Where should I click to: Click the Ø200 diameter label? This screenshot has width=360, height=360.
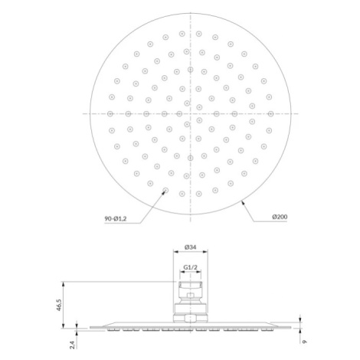(x=280, y=217)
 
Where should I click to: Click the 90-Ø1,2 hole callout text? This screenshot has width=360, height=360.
(x=116, y=219)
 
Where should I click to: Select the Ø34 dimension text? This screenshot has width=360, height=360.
(x=190, y=247)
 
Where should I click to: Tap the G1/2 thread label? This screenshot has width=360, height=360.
(x=190, y=267)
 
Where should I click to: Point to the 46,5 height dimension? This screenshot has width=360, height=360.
(x=59, y=305)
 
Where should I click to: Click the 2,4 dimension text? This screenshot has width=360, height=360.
(x=73, y=345)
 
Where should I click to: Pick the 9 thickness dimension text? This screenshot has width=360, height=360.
(x=304, y=342)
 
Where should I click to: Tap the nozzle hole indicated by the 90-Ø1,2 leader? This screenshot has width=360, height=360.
(x=165, y=190)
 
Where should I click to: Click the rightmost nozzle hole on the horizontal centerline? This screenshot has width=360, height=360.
(x=270, y=113)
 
